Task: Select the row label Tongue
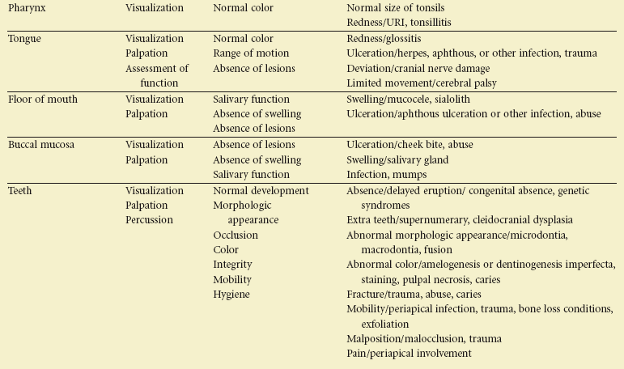click(24, 39)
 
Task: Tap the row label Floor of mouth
click(43, 100)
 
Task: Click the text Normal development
click(261, 191)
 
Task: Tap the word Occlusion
click(236, 235)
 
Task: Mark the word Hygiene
click(232, 295)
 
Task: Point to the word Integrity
click(233, 265)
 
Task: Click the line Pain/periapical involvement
click(409, 354)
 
